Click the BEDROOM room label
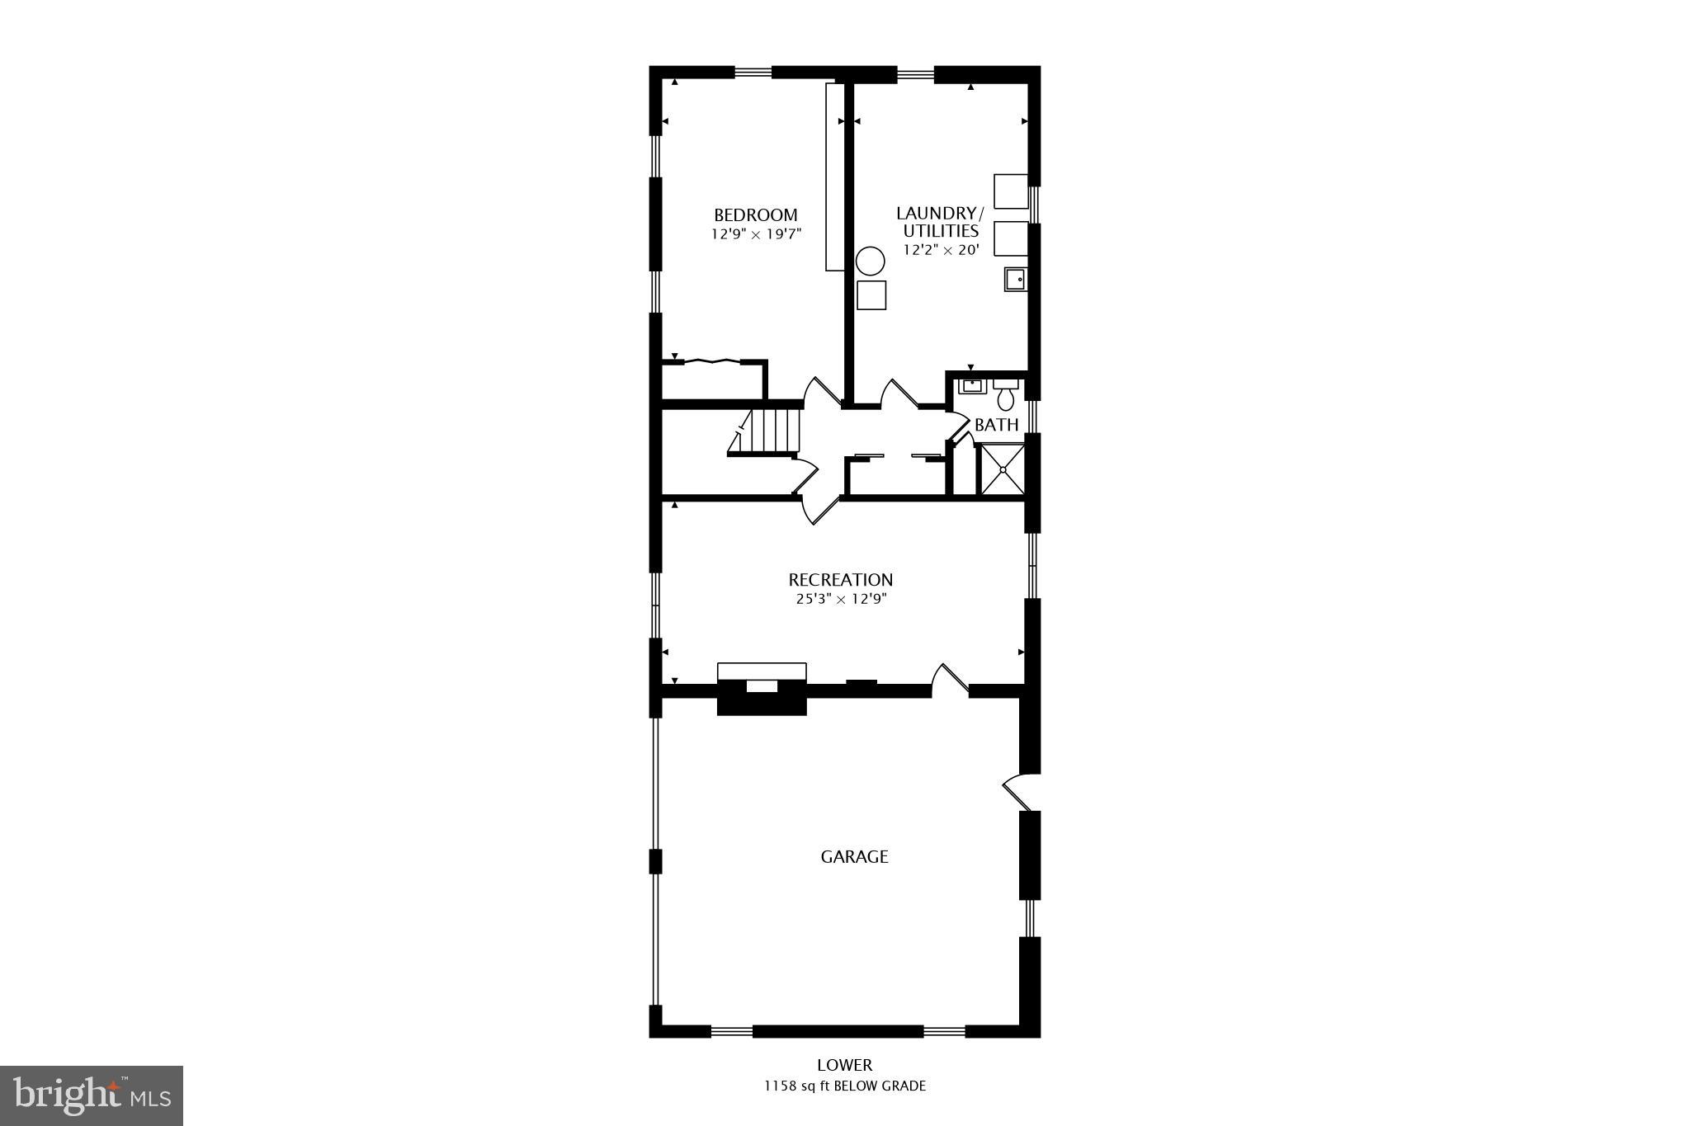(755, 216)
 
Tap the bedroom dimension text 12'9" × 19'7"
(756, 234)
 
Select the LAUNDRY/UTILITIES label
(940, 222)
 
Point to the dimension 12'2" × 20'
(941, 250)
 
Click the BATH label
(996, 425)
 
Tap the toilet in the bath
(1005, 396)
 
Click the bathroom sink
(972, 386)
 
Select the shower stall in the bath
(1002, 469)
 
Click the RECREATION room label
(840, 580)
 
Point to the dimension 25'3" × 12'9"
(841, 600)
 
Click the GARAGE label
(854, 857)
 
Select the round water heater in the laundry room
(870, 262)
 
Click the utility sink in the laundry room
(1016, 280)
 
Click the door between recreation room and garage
(951, 679)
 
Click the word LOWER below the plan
(844, 1065)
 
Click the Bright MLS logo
(92, 1095)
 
